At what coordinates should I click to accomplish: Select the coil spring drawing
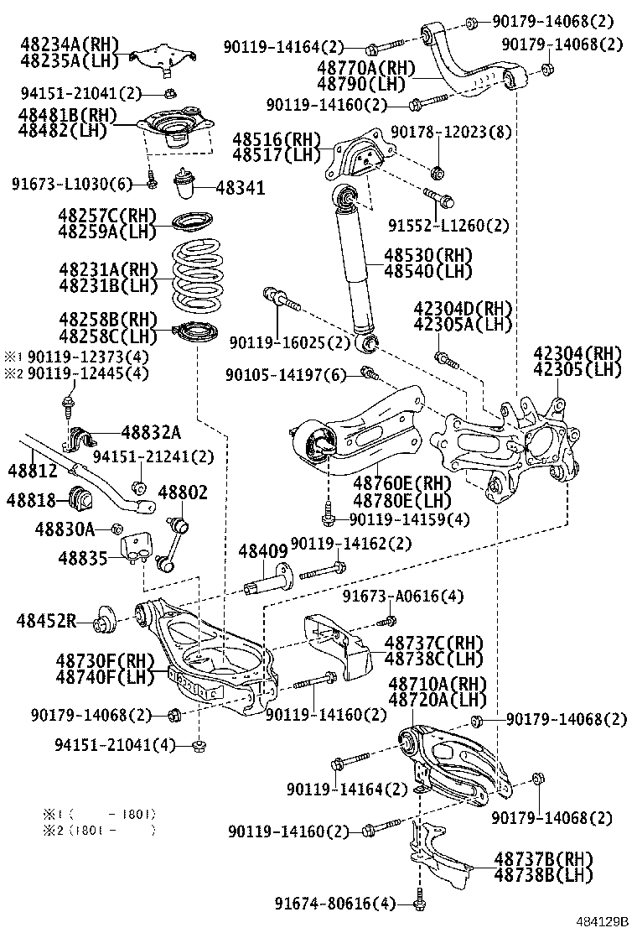[x=194, y=276]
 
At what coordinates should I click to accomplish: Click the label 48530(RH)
[x=428, y=255]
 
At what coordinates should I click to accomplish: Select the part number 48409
[x=262, y=551]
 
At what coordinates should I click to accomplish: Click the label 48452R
[x=47, y=621]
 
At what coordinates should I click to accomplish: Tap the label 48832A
[x=150, y=432]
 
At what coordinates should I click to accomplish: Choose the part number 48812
[x=33, y=471]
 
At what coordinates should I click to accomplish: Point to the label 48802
[x=182, y=493]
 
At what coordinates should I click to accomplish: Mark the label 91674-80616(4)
[x=334, y=903]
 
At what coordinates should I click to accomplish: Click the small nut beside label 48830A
[x=117, y=528]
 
